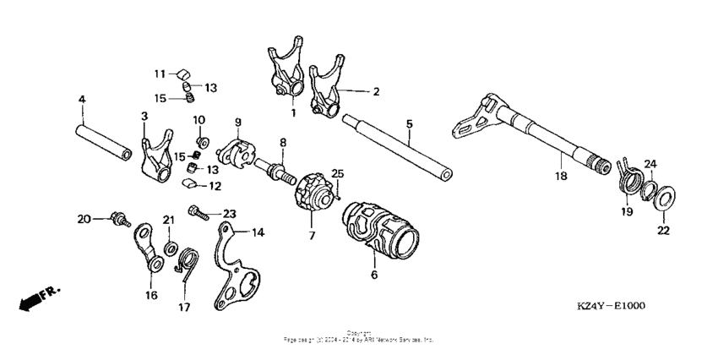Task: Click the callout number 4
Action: click(82, 100)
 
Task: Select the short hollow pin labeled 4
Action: click(105, 141)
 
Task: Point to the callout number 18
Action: click(559, 177)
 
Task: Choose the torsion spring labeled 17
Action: click(188, 260)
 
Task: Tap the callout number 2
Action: click(377, 90)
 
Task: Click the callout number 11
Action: click(160, 74)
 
